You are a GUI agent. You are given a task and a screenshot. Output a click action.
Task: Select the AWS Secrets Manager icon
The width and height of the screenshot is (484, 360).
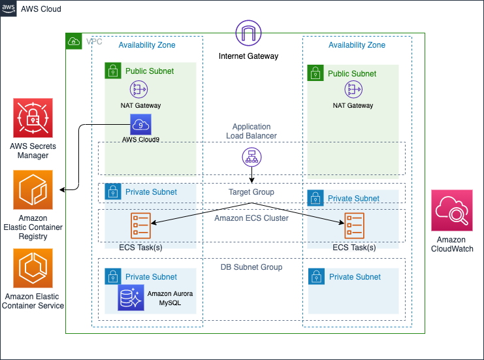click(x=33, y=118)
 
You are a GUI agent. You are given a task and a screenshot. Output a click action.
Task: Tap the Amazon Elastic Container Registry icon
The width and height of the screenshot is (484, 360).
click(x=33, y=190)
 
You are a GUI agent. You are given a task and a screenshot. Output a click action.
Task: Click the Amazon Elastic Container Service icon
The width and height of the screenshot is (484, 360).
click(x=33, y=269)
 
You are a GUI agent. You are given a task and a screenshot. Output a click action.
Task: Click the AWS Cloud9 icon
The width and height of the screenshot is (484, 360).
click(x=140, y=125)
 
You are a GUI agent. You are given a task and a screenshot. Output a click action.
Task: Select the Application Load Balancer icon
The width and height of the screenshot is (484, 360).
click(x=251, y=157)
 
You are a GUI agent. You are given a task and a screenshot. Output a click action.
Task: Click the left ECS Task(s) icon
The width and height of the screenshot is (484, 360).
click(x=141, y=225)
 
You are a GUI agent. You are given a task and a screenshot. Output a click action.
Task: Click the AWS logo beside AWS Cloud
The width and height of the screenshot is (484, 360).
click(x=9, y=9)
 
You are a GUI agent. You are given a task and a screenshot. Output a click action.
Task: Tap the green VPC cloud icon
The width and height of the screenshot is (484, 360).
click(x=74, y=41)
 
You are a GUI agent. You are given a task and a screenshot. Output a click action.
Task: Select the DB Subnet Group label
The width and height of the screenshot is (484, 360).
click(x=251, y=267)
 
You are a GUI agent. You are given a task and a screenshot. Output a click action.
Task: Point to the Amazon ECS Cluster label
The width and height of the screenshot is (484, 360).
click(x=251, y=218)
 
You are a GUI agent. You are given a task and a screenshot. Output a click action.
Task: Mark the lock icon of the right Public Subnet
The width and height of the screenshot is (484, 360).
click(x=315, y=73)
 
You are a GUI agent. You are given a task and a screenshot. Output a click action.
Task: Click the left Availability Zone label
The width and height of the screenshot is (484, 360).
click(x=146, y=45)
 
